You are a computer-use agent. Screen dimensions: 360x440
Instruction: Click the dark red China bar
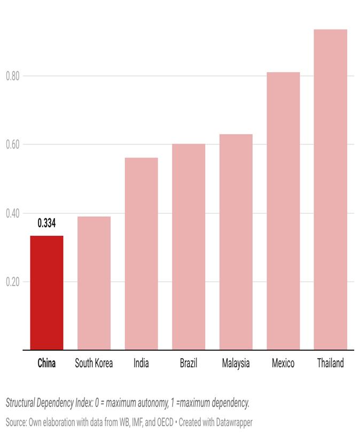(x=46, y=292)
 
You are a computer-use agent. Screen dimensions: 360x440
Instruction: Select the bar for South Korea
(x=94, y=283)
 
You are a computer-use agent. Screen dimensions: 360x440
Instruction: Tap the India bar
(x=142, y=253)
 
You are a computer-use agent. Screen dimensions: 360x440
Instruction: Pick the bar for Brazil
(x=189, y=246)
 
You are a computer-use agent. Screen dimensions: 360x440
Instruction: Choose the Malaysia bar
(x=236, y=242)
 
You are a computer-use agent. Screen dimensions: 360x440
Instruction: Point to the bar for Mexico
(x=283, y=211)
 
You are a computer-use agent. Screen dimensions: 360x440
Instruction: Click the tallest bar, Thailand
(x=331, y=189)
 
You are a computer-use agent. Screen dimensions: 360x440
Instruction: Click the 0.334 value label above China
(x=46, y=223)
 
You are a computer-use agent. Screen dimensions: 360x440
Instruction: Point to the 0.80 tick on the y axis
(x=13, y=76)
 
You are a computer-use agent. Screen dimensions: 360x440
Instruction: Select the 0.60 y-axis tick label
(x=13, y=144)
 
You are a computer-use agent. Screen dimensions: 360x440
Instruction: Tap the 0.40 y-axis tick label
(x=13, y=213)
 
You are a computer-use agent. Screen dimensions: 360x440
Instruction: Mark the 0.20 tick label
(x=13, y=282)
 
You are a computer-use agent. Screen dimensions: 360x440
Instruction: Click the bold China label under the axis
(x=46, y=363)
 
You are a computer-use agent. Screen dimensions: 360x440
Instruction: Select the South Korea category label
(x=94, y=363)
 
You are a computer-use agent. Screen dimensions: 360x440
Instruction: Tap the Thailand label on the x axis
(x=331, y=363)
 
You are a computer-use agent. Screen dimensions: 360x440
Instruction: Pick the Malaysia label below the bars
(x=236, y=364)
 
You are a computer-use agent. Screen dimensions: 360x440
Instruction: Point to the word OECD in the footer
(x=165, y=422)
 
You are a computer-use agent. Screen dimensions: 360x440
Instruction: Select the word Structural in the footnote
(x=20, y=403)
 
